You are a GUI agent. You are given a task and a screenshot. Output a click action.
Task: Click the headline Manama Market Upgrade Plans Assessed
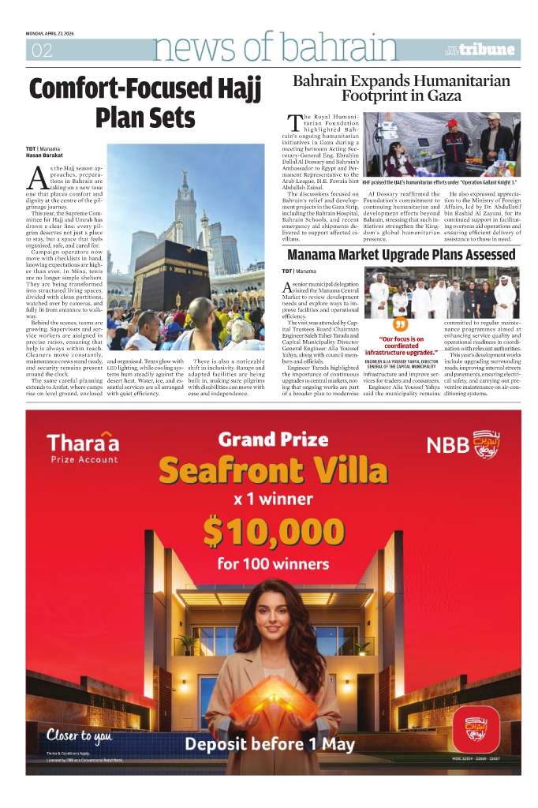[x=401, y=254]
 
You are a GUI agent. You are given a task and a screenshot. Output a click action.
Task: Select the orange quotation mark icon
[x=401, y=325]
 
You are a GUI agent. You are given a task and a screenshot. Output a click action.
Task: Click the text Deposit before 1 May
[x=270, y=743]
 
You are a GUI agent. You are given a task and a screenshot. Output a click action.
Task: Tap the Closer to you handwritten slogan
[x=78, y=736]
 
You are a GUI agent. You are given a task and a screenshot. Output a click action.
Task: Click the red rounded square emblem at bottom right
[x=476, y=728]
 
